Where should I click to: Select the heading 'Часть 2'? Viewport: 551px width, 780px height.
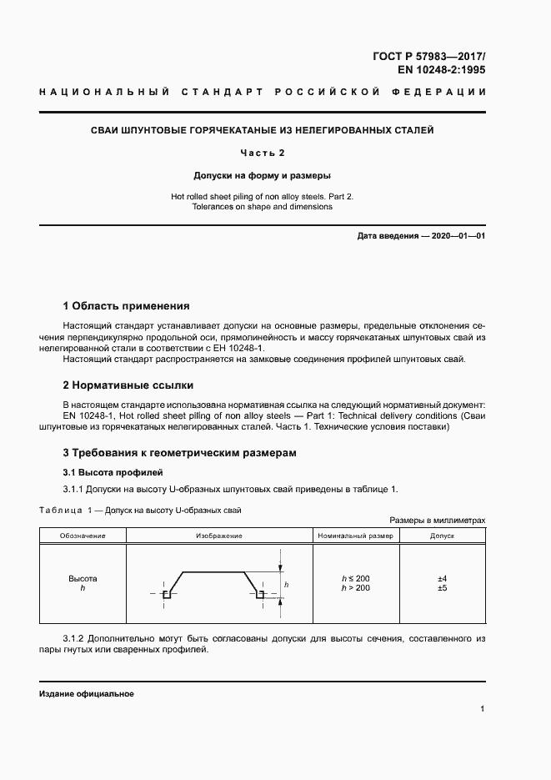click(263, 153)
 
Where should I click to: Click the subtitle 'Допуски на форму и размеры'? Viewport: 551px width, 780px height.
click(263, 176)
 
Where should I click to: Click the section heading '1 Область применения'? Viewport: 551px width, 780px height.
click(127, 306)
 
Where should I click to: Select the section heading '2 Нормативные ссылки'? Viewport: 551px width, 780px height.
click(128, 385)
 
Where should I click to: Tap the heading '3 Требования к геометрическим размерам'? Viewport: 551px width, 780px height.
click(180, 453)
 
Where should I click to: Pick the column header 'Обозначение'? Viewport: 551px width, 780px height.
click(82, 535)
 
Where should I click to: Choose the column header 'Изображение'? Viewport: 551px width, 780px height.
click(218, 535)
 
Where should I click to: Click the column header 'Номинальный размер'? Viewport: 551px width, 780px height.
click(356, 535)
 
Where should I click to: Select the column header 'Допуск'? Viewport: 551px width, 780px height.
click(442, 535)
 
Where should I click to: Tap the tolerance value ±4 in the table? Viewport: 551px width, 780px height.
click(442, 578)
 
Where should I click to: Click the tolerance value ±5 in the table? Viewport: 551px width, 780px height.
click(442, 588)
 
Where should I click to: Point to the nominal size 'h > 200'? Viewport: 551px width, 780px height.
click(356, 588)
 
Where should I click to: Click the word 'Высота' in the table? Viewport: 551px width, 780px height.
click(82, 578)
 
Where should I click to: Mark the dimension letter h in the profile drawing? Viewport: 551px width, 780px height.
click(286, 586)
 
